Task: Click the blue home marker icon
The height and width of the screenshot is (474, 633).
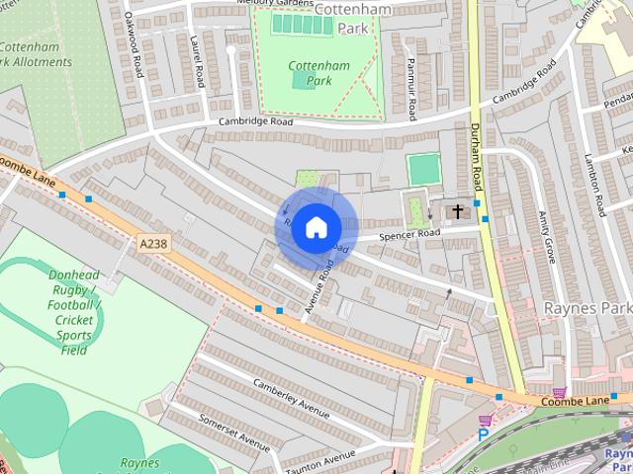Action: point(316,227)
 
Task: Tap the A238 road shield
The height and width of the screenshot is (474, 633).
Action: point(153,243)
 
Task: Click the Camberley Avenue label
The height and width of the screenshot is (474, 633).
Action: point(290,397)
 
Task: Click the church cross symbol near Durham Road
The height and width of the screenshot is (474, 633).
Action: point(457,210)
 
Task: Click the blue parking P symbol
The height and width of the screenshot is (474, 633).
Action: point(484,433)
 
